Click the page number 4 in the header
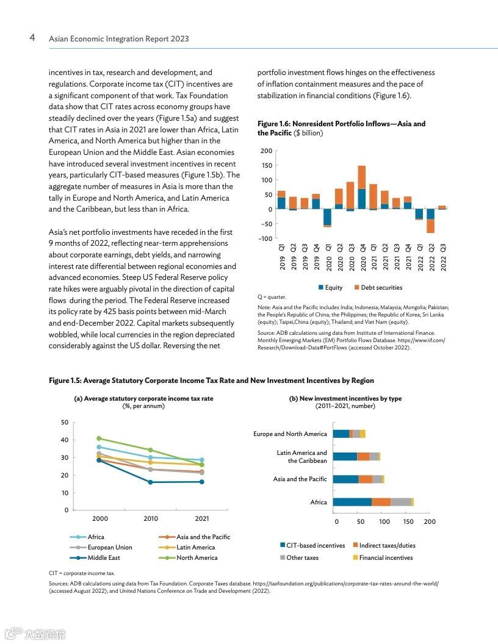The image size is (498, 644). tap(32, 38)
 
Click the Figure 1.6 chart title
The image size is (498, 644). tap(341, 128)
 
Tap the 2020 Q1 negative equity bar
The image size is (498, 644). tap(327, 217)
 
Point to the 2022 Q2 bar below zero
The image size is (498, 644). tap(430, 221)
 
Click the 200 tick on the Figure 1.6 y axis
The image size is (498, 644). tap(265, 151)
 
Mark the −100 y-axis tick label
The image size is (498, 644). tap(264, 238)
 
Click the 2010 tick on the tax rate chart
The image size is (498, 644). tap(150, 518)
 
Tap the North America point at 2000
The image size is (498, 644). tap(99, 438)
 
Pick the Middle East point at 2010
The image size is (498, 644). tap(150, 482)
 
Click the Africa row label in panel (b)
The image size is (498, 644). tap(318, 502)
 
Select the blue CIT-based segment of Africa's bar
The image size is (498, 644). tap(352, 502)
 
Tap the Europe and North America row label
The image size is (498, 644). tap(290, 434)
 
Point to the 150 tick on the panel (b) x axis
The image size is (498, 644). tap(408, 521)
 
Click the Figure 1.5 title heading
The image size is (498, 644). tap(211, 381)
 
